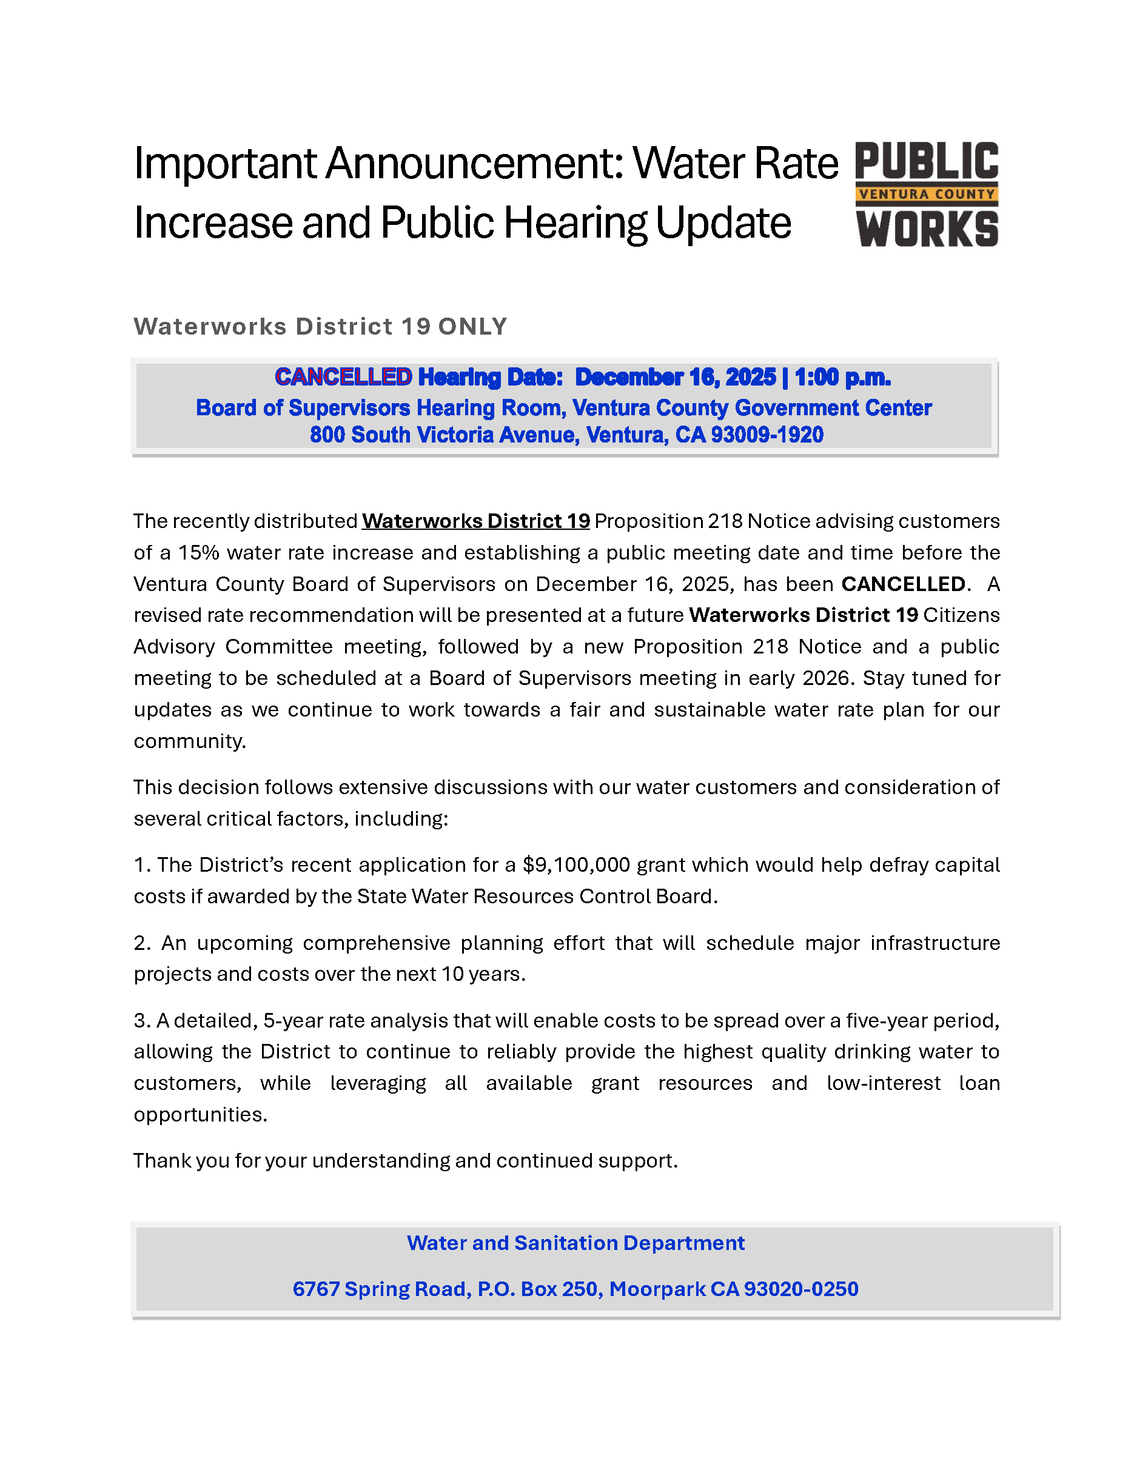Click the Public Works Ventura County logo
[927, 194]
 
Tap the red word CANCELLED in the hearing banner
[343, 378]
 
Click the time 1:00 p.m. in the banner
[842, 378]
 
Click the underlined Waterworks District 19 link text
[475, 521]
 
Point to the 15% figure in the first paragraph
[198, 553]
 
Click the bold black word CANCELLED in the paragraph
[903, 584]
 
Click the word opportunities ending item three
[200, 1115]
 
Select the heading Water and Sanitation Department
[575, 1243]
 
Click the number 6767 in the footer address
[316, 1289]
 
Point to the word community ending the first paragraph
[189, 741]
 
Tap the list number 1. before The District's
[141, 865]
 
